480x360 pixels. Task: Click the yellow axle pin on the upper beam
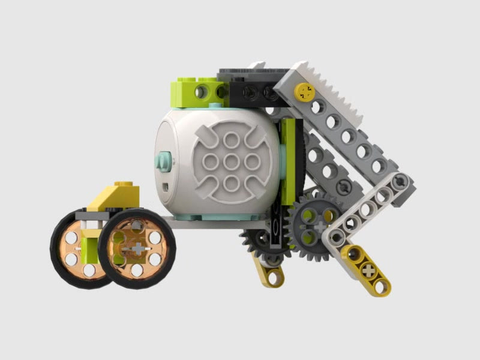[x=305, y=91]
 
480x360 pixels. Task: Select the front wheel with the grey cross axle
[x=137, y=247]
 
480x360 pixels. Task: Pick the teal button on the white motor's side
[x=163, y=160]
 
